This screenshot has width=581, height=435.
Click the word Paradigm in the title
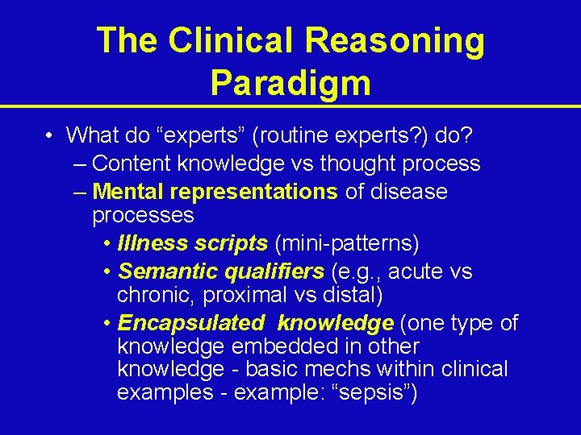pyautogui.click(x=290, y=82)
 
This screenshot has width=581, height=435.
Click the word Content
pyautogui.click(x=132, y=164)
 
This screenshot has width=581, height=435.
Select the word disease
pyautogui.click(x=410, y=192)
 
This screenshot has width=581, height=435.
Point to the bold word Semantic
pyautogui.click(x=159, y=271)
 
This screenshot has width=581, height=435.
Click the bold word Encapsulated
pyautogui.click(x=190, y=323)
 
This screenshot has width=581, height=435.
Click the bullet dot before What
pyautogui.click(x=50, y=135)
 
